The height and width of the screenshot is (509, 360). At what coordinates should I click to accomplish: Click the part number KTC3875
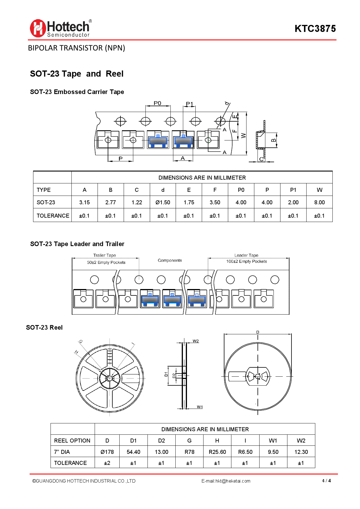pos(315,29)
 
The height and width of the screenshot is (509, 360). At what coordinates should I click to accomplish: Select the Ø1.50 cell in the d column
pos(163,202)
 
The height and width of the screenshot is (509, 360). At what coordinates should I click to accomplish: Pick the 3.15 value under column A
pos(84,202)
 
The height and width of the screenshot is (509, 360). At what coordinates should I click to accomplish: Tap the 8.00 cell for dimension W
pos(319,202)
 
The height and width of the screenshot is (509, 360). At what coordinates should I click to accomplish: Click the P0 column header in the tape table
pos(241,190)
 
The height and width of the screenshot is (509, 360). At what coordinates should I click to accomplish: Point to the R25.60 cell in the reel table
pos(217,452)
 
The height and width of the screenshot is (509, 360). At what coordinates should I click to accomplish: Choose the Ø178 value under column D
pos(107,452)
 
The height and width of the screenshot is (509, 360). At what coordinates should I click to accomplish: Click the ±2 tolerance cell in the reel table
pos(107,463)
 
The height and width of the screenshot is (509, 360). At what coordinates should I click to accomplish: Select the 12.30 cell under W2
pos(301,452)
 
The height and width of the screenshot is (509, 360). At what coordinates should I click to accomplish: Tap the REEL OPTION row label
pos(72,441)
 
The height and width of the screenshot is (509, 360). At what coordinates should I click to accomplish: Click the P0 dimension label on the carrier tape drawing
pos(157,103)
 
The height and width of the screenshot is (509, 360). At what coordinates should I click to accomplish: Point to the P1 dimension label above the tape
pos(189,104)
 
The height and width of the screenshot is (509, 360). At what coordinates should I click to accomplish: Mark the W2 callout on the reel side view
pos(196,341)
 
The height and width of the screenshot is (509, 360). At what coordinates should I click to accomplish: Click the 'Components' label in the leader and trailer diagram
pos(170,260)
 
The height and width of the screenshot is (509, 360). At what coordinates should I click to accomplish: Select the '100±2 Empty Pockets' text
pos(246,261)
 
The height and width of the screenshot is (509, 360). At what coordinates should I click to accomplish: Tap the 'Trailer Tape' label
pos(105,255)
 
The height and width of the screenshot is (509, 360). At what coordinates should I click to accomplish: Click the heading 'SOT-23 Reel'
pos(44,327)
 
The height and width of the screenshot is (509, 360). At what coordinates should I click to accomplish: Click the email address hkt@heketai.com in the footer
pos(233,481)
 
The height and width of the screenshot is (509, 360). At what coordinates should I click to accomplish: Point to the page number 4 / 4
pos(326,481)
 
